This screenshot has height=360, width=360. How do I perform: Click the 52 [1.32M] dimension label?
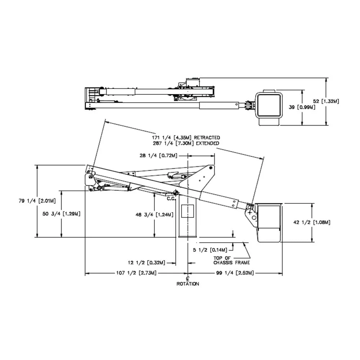[x=326, y=102]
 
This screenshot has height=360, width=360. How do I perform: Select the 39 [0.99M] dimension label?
[x=302, y=107]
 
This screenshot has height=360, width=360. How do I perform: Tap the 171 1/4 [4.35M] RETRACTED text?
[x=186, y=138]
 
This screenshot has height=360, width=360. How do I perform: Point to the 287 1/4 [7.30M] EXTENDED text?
[x=186, y=143]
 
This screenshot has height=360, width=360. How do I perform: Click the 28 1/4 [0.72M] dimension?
[x=158, y=156]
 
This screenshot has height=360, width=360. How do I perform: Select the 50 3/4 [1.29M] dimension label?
[x=61, y=213]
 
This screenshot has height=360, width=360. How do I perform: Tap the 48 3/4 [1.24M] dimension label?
[x=154, y=215]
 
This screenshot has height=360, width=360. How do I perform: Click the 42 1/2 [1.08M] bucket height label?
[x=312, y=222]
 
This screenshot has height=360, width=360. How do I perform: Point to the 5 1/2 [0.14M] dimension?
[x=210, y=250]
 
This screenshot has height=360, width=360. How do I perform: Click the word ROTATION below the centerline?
[x=188, y=284]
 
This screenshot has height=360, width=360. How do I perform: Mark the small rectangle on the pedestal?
[x=188, y=211]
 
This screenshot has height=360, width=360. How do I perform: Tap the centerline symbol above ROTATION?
[x=188, y=279]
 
